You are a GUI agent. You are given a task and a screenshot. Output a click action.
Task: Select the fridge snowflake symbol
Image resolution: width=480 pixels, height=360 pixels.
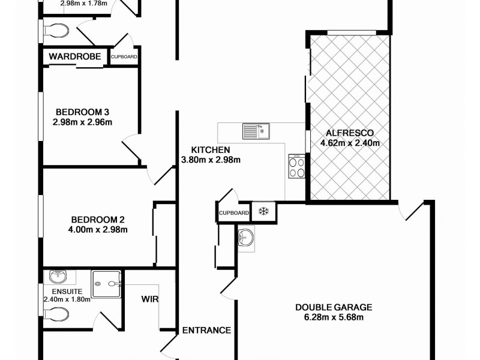[262, 211]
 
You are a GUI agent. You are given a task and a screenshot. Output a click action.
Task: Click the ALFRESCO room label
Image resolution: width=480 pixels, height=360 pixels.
[350, 133]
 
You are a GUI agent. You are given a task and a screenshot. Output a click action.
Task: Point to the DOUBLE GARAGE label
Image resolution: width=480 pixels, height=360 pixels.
[334, 307]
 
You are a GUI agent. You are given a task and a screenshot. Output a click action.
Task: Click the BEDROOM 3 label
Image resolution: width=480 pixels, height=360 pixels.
[82, 112]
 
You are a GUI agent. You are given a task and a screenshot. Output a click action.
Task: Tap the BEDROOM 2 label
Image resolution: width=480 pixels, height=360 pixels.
[97, 218]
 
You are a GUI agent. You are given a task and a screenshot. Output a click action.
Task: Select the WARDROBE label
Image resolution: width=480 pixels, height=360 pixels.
[75, 56]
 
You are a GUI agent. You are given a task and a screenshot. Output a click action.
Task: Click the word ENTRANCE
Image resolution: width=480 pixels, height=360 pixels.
[206, 330]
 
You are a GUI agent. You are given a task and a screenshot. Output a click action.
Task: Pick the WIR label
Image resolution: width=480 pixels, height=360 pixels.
[150, 298]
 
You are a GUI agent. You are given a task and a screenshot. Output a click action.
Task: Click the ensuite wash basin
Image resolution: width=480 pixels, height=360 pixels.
[59, 277]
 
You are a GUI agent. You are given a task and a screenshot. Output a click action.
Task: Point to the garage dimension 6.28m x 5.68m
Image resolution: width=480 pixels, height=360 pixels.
[334, 317]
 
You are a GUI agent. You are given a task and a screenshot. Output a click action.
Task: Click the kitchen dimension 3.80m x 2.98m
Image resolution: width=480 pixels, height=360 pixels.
[211, 160]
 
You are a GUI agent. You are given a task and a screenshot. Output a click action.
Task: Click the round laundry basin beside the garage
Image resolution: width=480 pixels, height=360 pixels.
[245, 238]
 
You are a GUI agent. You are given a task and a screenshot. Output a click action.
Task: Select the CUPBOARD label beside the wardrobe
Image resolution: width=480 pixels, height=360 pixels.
[124, 57]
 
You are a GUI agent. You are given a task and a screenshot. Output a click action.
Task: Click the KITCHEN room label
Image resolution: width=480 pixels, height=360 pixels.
[211, 149]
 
